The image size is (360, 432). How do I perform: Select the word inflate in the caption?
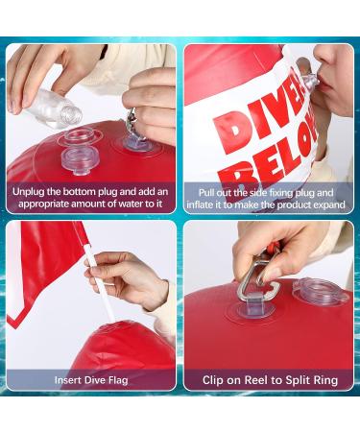pos(206,204)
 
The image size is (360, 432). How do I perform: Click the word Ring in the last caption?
pos(320,379)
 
